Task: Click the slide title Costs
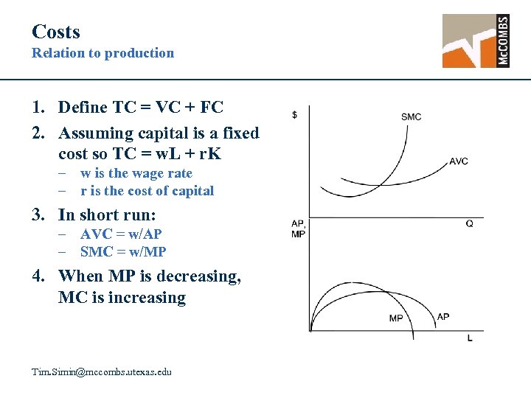point(56,32)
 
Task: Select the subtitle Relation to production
point(103,53)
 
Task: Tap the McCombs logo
point(476,41)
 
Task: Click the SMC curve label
point(412,116)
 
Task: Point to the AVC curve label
point(458,161)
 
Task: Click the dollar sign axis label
point(295,115)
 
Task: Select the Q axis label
point(469,223)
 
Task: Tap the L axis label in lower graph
point(470,338)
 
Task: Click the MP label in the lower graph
point(396,318)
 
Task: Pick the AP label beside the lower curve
point(443,317)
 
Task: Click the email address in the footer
point(102,372)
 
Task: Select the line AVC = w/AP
point(121,234)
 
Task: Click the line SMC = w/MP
point(123,251)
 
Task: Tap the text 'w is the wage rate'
point(136,173)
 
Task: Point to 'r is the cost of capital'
point(147,191)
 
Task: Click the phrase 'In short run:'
point(107,214)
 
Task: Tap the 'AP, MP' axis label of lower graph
point(299,228)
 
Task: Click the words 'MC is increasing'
point(122,298)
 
